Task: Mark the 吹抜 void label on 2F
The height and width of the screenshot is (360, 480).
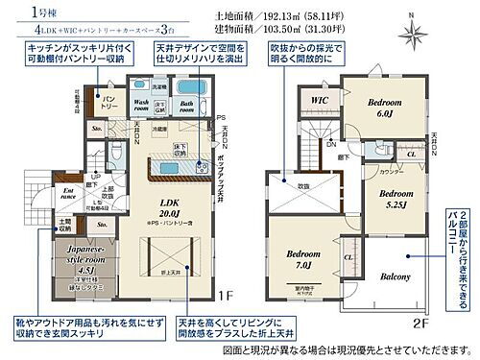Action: tap(300, 186)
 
